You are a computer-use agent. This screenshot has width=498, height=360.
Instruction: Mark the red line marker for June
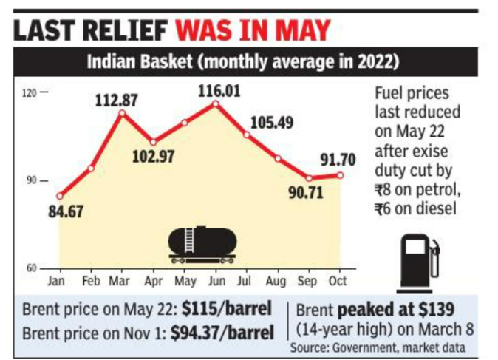click(x=215, y=103)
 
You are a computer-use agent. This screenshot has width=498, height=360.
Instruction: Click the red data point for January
click(x=59, y=196)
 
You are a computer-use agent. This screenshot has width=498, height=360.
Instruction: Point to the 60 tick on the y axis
click(x=32, y=268)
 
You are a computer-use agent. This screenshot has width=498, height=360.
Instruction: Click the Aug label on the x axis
click(x=278, y=282)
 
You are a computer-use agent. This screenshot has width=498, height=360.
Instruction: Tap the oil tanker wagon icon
click(x=202, y=244)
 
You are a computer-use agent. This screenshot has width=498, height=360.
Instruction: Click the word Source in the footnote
click(x=309, y=346)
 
